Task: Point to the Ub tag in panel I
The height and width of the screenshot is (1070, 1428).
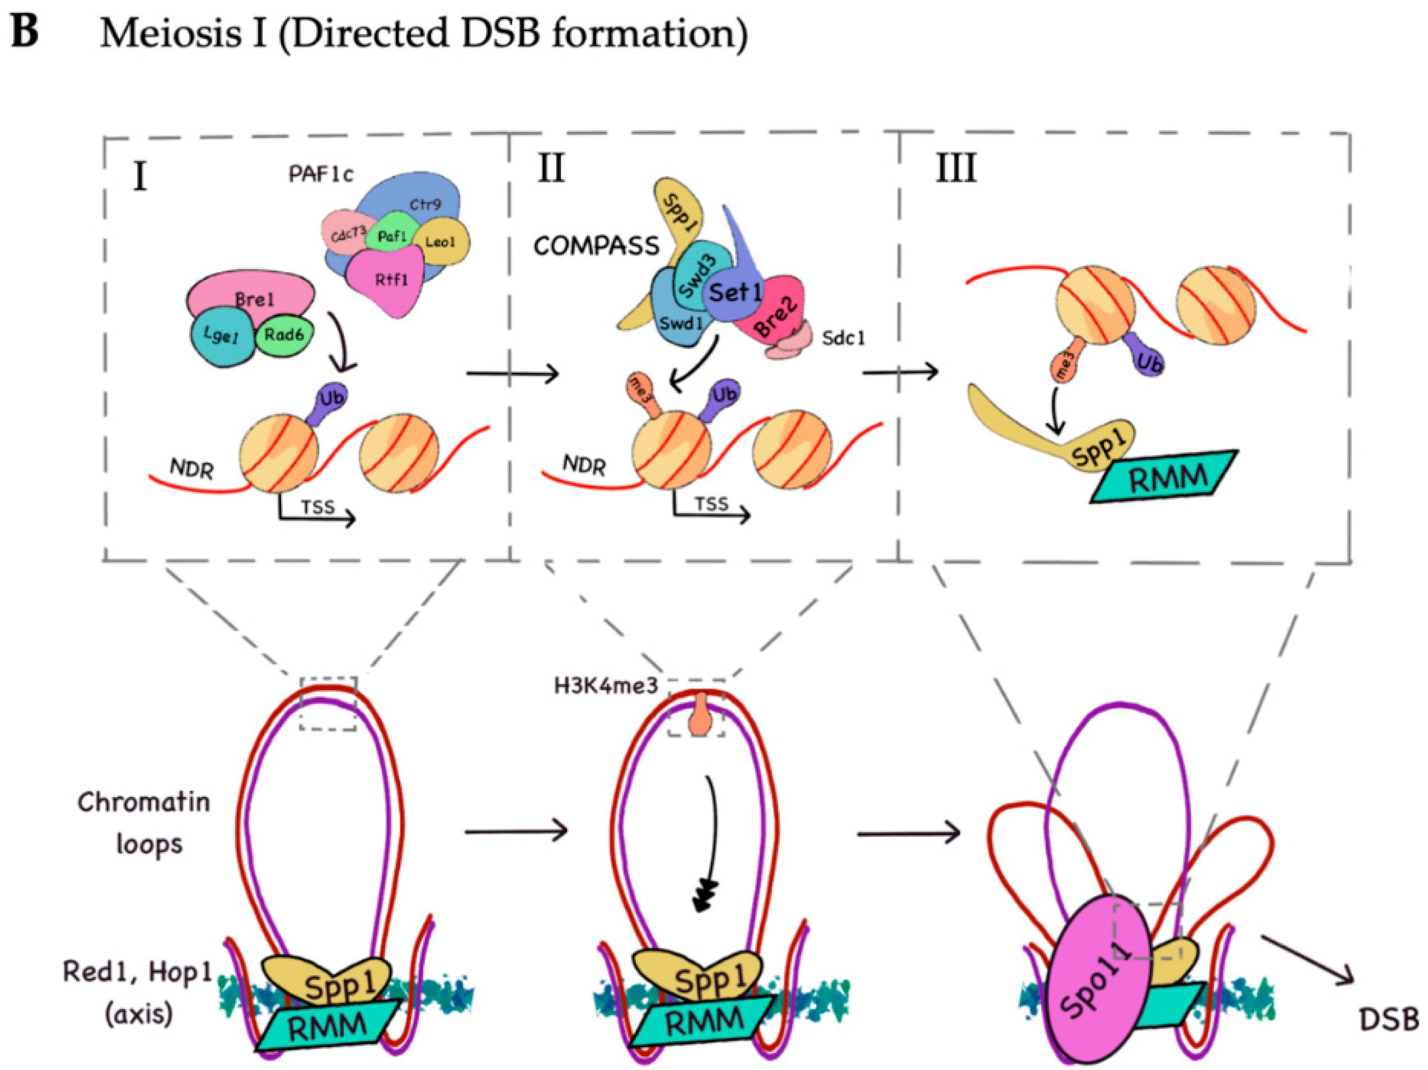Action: [330, 399]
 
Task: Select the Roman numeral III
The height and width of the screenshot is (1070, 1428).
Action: [956, 169]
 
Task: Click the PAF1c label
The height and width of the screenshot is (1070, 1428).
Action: [321, 174]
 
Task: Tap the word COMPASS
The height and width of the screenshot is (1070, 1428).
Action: [597, 246]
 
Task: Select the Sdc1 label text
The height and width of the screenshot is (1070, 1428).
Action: [844, 337]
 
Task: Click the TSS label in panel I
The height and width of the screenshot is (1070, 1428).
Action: [319, 506]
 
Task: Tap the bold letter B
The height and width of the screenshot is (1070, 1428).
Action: [25, 32]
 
